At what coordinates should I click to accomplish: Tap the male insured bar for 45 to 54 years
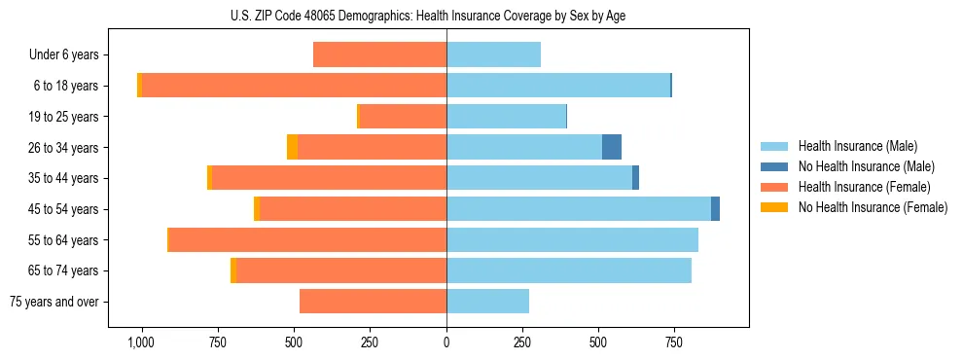[x=579, y=209]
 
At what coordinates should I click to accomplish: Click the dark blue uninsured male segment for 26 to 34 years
[x=612, y=147]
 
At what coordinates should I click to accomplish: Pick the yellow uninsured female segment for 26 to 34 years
[x=292, y=147]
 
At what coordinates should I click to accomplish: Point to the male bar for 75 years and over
[x=488, y=302]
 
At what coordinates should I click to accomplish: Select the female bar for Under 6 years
[x=379, y=54]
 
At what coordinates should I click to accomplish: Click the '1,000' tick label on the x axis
[x=141, y=342]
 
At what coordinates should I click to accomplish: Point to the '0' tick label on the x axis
[x=446, y=342]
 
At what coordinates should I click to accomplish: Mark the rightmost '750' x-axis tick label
[x=674, y=342]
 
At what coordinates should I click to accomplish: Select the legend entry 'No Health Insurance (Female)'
[x=873, y=207]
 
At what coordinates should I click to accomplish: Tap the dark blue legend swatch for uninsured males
[x=774, y=166]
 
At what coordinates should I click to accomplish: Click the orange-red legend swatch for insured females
[x=774, y=187]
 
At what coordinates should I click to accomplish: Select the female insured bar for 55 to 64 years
[x=307, y=240]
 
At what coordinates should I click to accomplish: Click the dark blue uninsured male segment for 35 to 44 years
[x=635, y=178]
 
